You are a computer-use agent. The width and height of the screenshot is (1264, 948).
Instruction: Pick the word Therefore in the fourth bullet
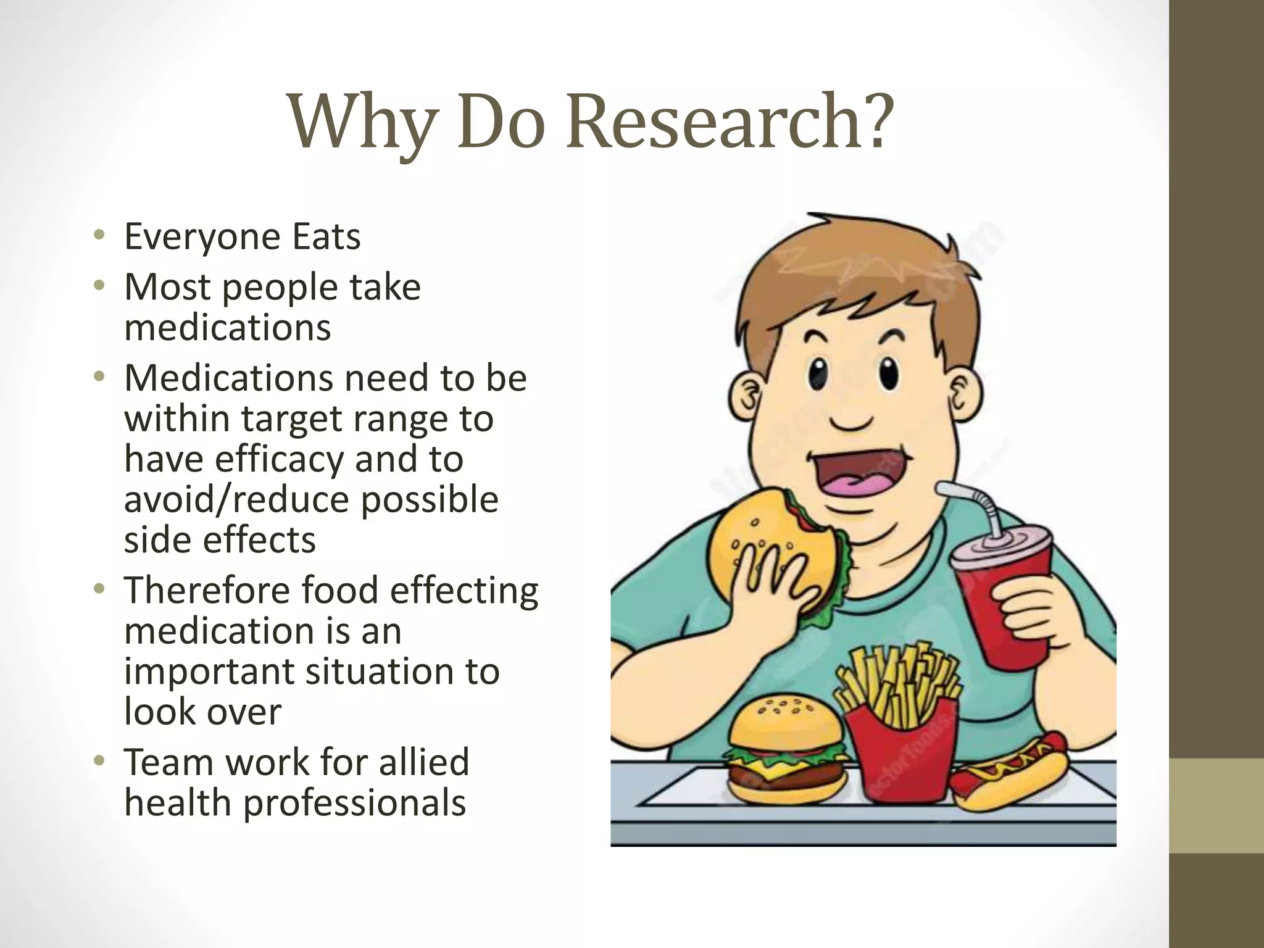(x=207, y=590)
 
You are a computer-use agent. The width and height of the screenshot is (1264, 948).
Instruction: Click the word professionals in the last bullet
(x=354, y=803)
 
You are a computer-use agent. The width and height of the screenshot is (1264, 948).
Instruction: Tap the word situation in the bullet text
(x=375, y=671)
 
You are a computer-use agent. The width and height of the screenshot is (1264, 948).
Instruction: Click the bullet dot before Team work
(x=99, y=762)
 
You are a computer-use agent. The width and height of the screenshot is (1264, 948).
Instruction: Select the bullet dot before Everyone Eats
(x=99, y=235)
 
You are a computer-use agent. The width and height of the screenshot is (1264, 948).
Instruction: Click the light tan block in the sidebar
(x=1216, y=805)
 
